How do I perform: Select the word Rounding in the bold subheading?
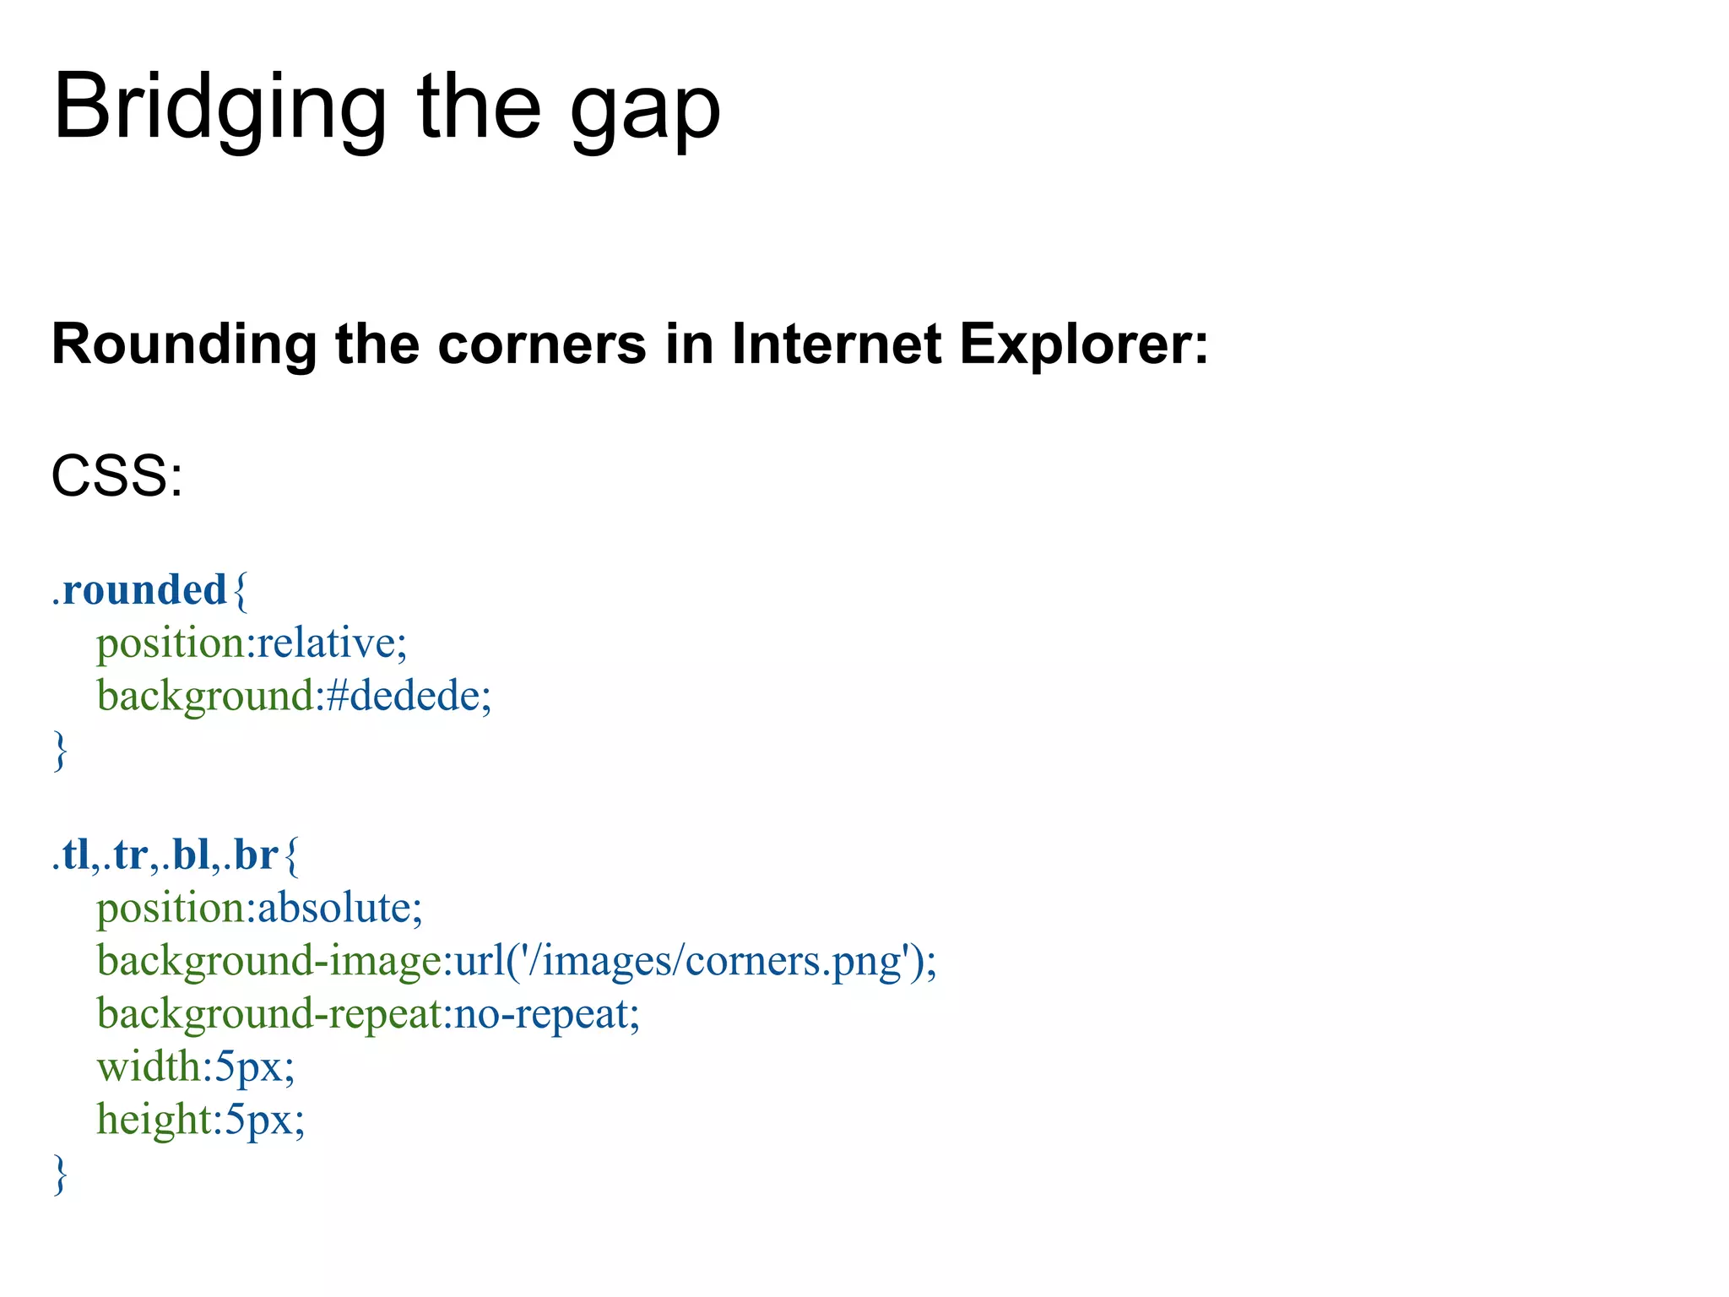pyautogui.click(x=183, y=345)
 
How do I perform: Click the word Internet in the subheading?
pyautogui.click(x=836, y=345)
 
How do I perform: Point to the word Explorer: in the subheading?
pyautogui.click(x=1084, y=345)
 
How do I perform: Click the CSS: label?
pyautogui.click(x=117, y=476)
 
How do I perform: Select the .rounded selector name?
pyautogui.click(x=140, y=589)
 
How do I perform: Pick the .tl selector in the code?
pyautogui.click(x=71, y=855)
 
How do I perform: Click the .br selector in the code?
pyautogui.click(x=251, y=855)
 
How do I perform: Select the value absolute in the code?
pyautogui.click(x=333, y=908)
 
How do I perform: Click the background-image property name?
pyautogui.click(x=268, y=961)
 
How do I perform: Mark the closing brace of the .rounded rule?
pyautogui.click(x=60, y=750)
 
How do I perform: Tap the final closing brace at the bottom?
pyautogui.click(x=60, y=1174)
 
